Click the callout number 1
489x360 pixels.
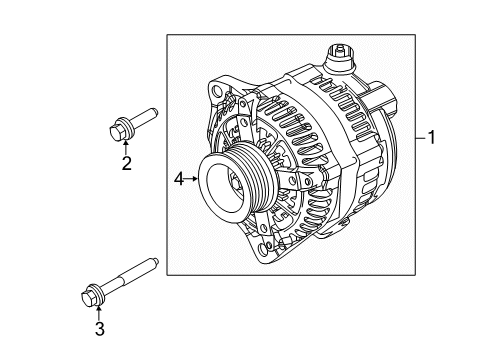coord(431,140)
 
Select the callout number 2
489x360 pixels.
coord(127,165)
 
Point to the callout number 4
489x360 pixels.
coord(179,180)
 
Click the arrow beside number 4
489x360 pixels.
coord(192,180)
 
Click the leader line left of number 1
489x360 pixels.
coord(417,140)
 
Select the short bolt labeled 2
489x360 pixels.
coord(131,123)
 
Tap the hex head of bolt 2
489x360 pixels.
coord(119,129)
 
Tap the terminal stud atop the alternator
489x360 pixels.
coord(340,51)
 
